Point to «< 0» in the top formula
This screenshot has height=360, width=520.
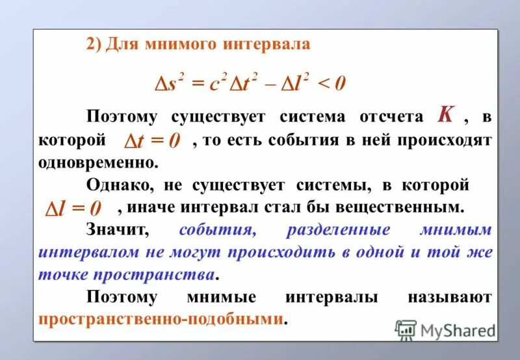click(x=331, y=83)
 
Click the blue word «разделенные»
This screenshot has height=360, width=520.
click(x=338, y=230)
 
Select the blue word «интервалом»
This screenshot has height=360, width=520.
click(x=82, y=252)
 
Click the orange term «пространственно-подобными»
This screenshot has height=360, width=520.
click(x=162, y=320)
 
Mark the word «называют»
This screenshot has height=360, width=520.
click(x=449, y=298)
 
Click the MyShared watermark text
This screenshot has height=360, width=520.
click(x=458, y=330)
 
